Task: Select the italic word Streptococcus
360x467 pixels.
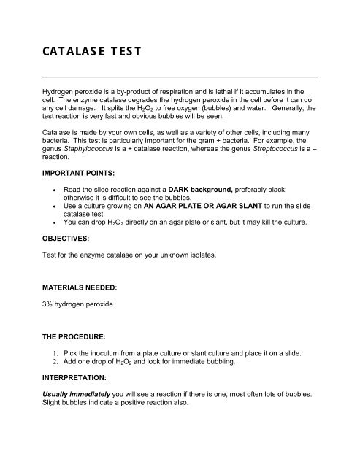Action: pyautogui.click(x=274, y=147)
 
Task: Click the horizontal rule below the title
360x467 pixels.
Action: pyautogui.click(x=180, y=76)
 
